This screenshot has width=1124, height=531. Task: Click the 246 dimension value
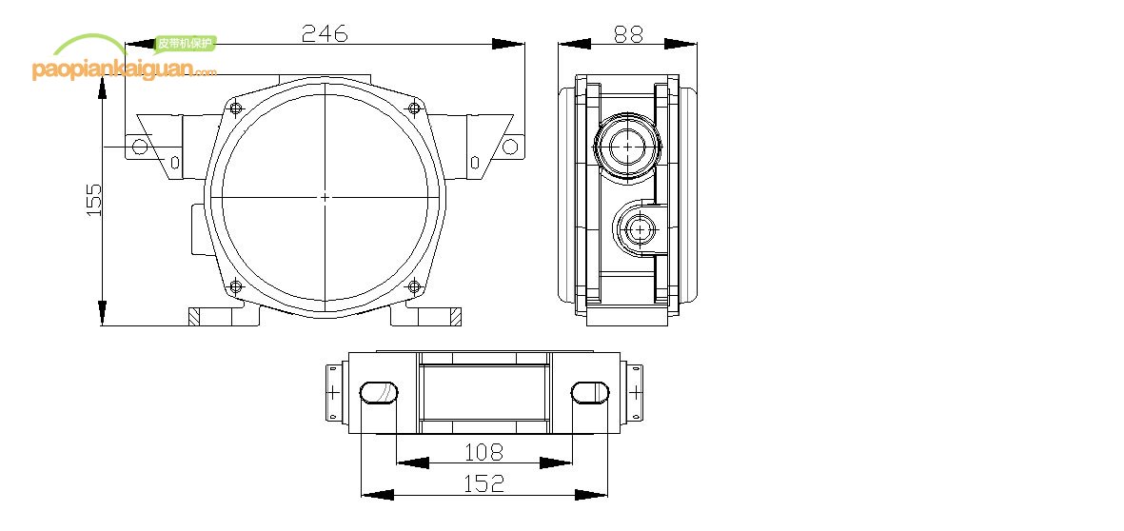pos(325,33)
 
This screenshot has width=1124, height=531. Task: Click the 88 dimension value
pos(628,33)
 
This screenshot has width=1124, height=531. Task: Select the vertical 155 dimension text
pos(93,200)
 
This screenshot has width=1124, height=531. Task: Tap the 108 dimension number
pos(483,450)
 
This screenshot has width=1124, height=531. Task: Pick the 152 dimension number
pos(483,483)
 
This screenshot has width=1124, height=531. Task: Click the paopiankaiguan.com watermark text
pos(124,70)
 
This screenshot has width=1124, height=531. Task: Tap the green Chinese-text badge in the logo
pos(185,43)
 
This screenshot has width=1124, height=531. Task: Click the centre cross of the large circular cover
pos(325,197)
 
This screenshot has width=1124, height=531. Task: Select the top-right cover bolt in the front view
pos(413,108)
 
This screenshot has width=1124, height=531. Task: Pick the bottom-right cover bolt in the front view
pos(413,285)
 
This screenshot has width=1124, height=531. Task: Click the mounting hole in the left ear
pos(140,147)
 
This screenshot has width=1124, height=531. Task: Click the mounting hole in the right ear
pos(510,147)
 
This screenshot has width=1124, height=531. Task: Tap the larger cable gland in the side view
pos(628,147)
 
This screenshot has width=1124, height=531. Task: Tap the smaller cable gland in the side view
pos(636,228)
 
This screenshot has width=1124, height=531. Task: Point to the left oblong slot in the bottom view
pos(378,392)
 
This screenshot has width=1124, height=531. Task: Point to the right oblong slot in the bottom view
pos(589,392)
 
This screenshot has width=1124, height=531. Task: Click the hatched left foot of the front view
pos(194,317)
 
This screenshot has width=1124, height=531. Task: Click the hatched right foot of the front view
pos(456,317)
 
